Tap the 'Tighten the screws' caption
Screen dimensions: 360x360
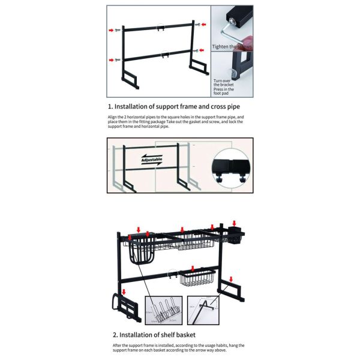click(232, 46)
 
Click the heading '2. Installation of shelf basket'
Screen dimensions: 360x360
click(154, 334)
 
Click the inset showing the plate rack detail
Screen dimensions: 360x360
click(162, 310)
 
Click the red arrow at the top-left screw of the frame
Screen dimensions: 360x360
click(111, 29)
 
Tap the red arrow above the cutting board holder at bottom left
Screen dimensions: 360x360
click(124, 292)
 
